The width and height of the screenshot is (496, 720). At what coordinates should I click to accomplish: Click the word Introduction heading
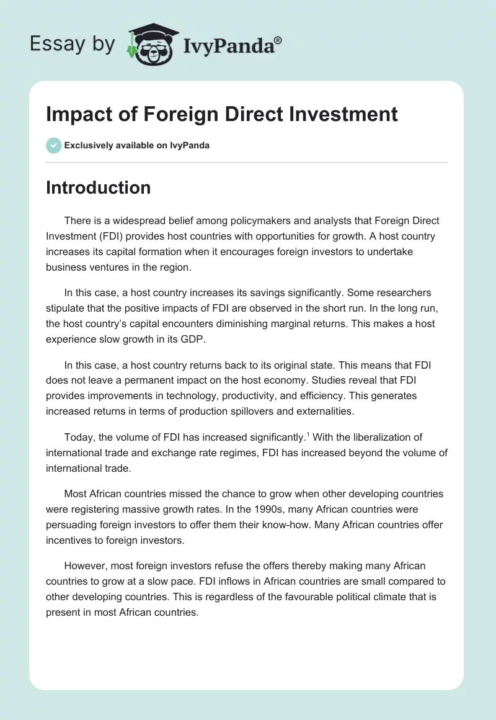tap(98, 187)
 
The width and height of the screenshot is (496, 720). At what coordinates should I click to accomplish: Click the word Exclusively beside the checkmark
tap(88, 146)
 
